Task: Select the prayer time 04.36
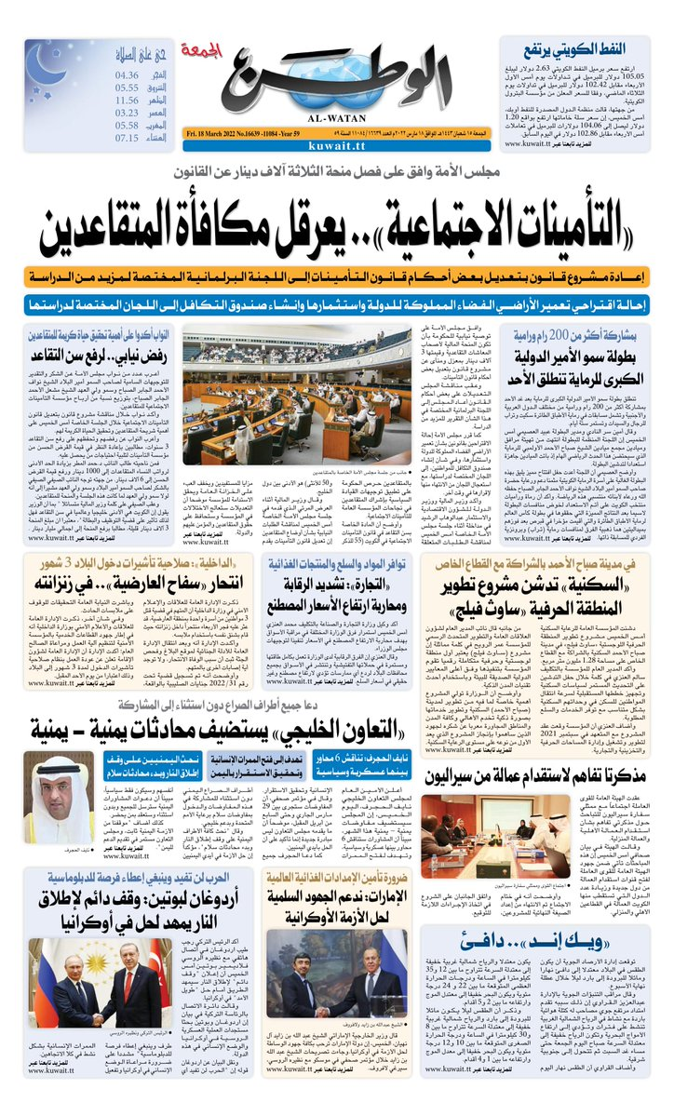pos(127,74)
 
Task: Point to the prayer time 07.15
pos(127,138)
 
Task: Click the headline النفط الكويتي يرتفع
pos(587,47)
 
